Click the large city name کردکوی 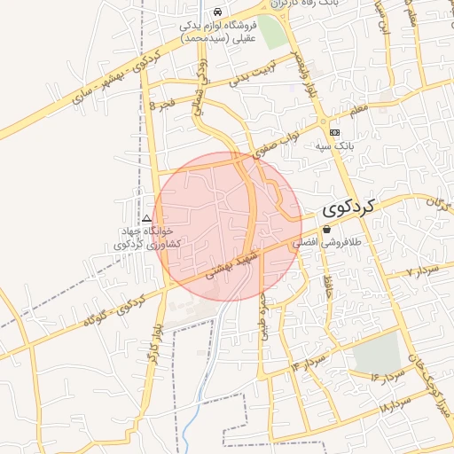[x=351, y=209]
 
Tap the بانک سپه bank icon [x=334, y=132]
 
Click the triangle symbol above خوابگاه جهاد [x=146, y=218]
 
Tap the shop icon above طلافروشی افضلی [x=326, y=229]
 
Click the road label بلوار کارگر [x=156, y=342]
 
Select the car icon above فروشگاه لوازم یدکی [x=217, y=12]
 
